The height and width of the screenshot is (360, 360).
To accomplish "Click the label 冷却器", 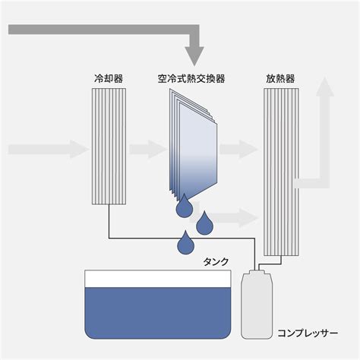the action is point(109,79).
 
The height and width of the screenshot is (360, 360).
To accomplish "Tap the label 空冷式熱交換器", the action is point(191,79).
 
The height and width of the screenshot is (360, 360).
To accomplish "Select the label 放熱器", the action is point(280,79).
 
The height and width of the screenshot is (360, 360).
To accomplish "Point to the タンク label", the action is point(216,262).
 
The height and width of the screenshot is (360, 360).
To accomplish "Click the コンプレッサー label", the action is point(308,333).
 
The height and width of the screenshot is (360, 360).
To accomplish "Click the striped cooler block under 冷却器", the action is point(109,147).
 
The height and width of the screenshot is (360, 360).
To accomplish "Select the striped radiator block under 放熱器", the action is point(281,172).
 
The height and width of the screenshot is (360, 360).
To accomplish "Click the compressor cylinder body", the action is point(256,306).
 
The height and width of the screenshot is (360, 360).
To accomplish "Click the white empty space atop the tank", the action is point(158,279).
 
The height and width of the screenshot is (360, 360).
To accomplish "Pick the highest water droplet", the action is point(185,206).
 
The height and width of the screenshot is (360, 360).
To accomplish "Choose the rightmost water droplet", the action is point(204,223).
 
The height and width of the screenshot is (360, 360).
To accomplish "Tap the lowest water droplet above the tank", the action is point(186,242).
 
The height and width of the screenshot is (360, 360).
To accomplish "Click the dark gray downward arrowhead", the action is point(194,56).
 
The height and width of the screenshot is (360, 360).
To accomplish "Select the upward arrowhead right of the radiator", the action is point(324,87).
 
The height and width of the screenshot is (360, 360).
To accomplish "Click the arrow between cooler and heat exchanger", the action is point(148,150).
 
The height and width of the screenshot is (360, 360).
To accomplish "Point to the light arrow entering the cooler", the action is point(49,150).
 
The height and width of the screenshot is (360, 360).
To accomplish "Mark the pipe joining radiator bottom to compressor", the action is point(270,264).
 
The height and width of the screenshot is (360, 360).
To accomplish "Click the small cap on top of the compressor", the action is point(256,271).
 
